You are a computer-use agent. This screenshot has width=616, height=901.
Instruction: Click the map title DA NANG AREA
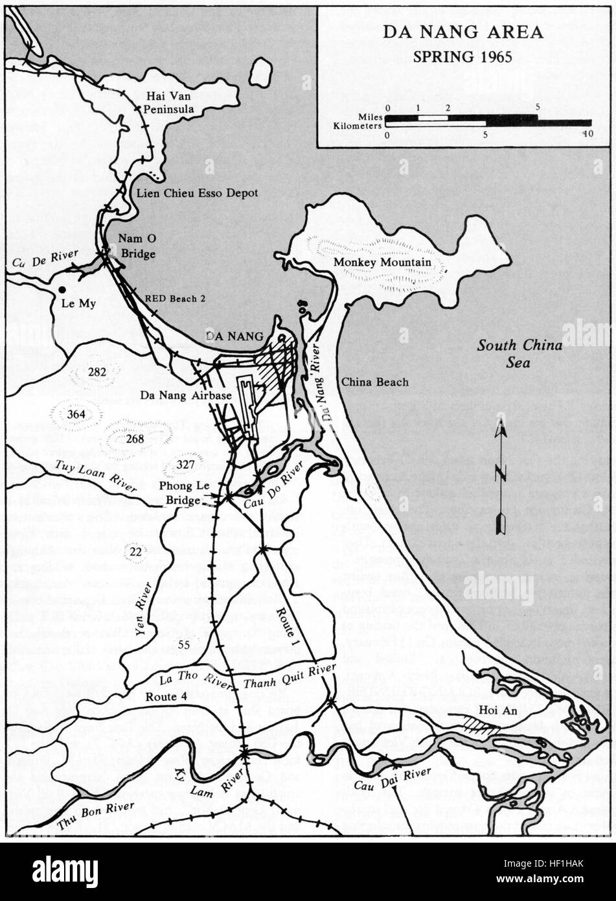(462, 32)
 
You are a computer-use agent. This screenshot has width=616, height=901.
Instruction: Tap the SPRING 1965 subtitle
(462, 56)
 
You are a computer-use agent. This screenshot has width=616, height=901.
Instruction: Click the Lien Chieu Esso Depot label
(197, 193)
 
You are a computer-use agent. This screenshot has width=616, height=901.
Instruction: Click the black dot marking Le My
(62, 289)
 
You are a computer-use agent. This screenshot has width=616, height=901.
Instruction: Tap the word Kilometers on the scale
(357, 126)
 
